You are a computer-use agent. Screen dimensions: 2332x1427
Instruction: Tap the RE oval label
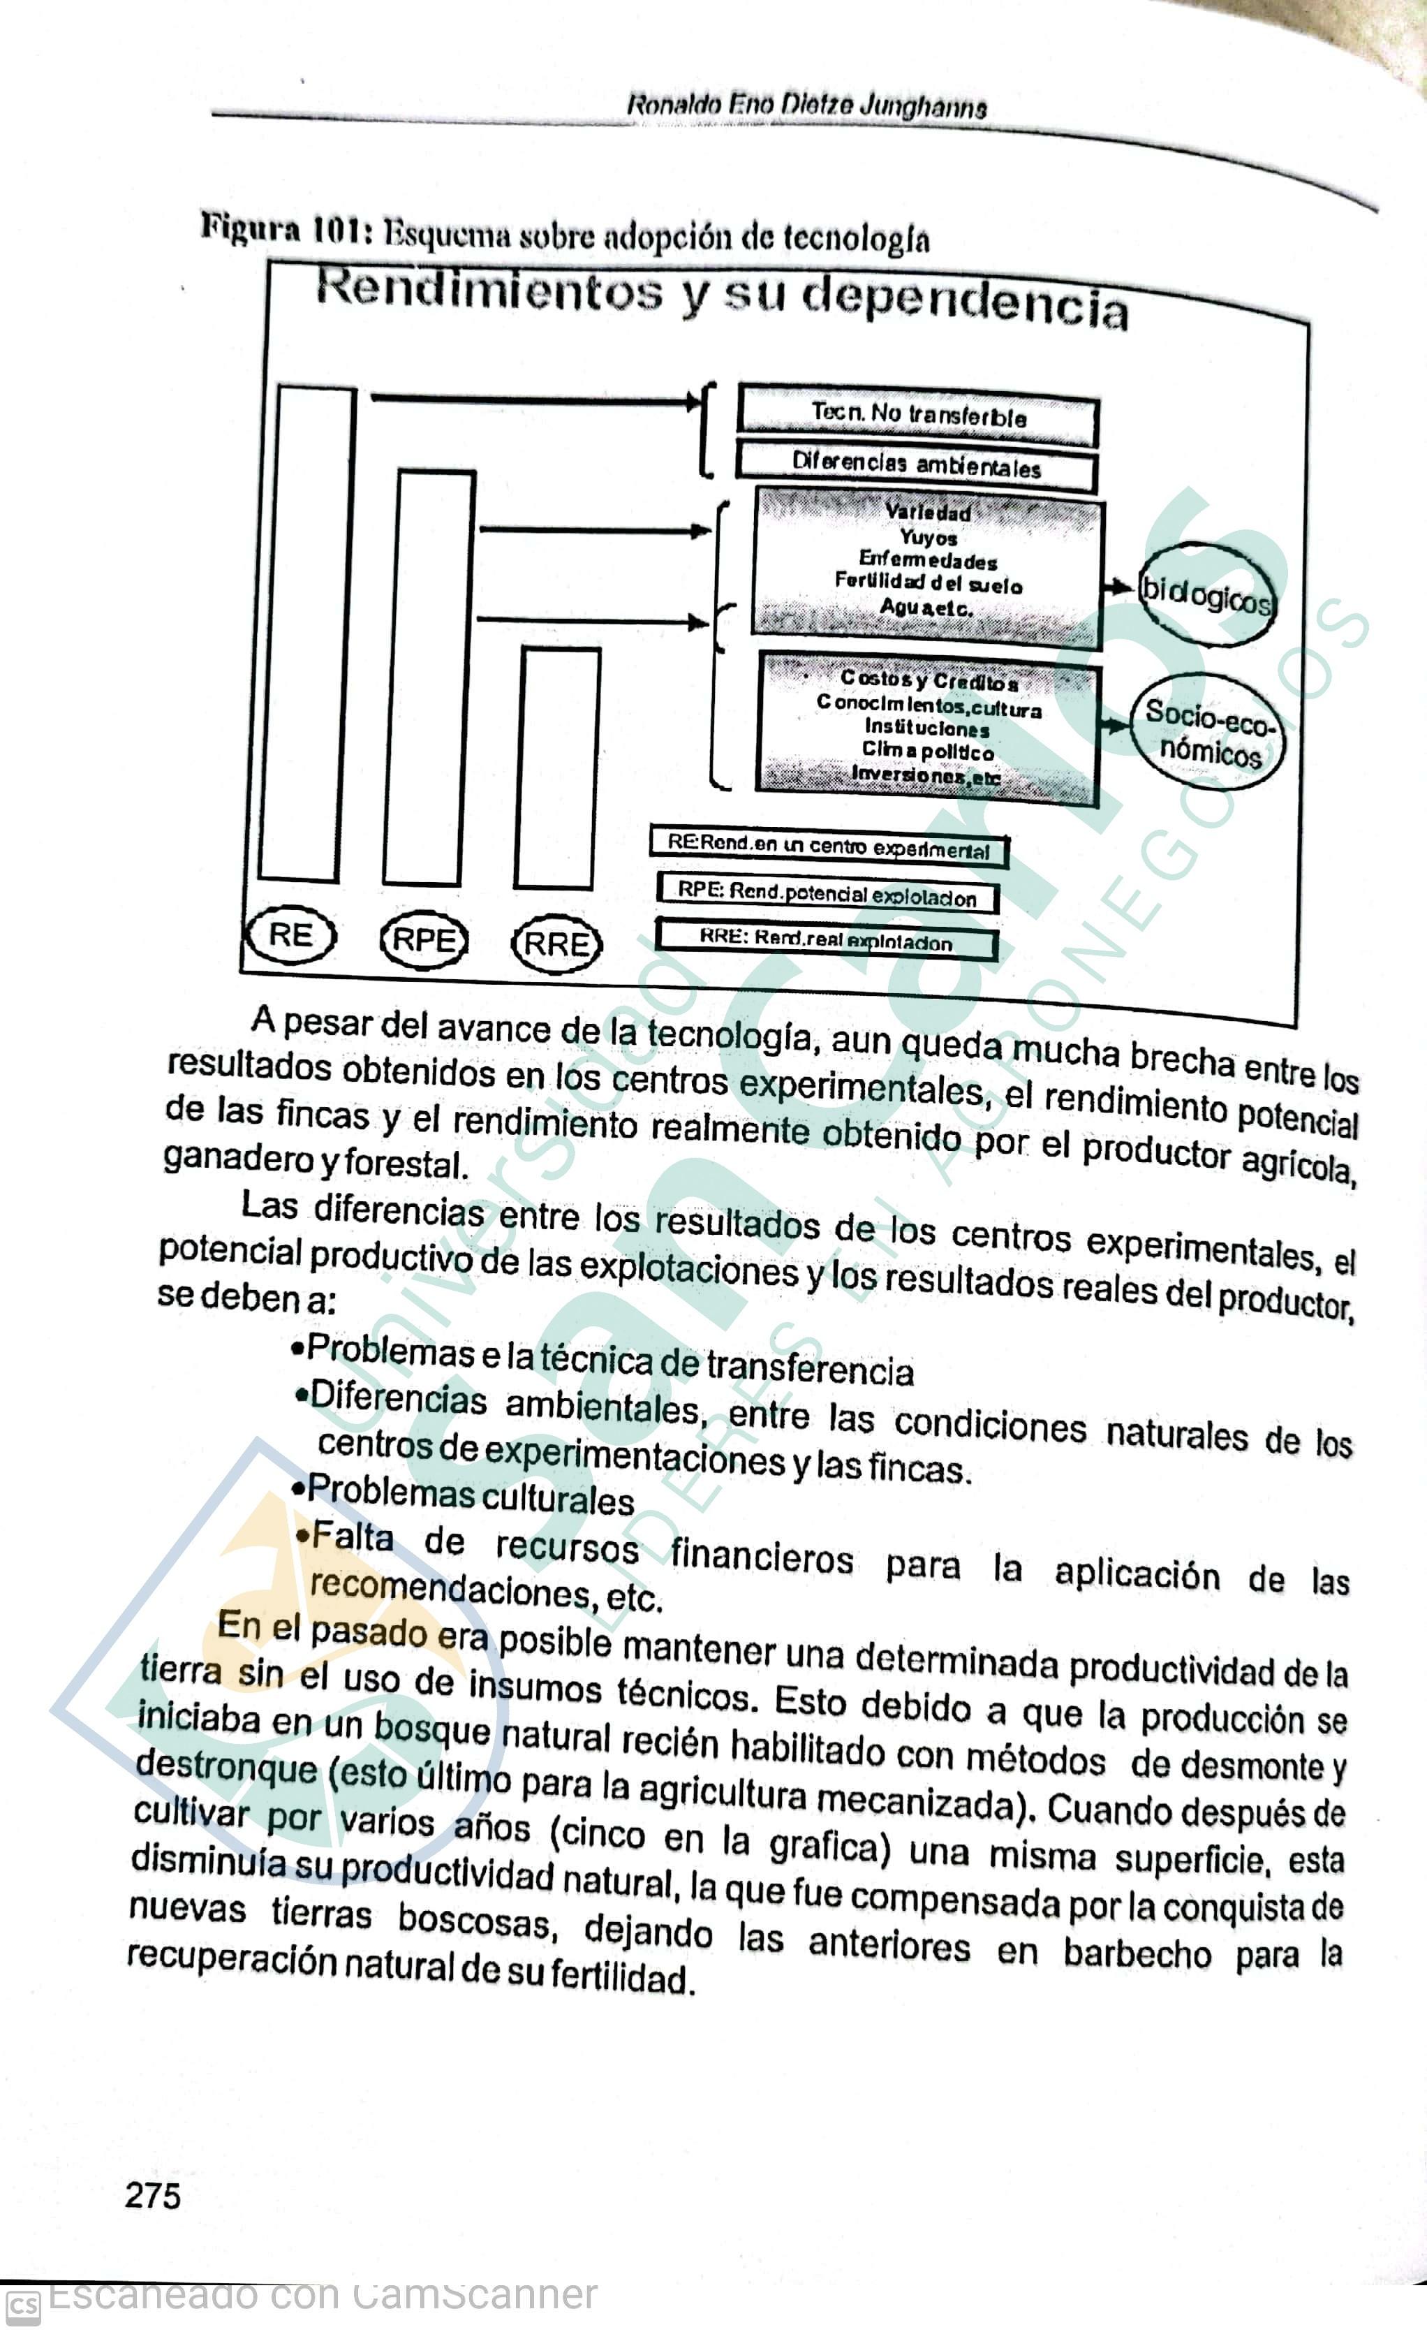click(291, 936)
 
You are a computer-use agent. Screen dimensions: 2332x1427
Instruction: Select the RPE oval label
click(424, 941)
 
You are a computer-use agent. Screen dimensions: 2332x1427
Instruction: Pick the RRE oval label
click(556, 944)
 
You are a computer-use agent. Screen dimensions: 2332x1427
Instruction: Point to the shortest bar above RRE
click(557, 768)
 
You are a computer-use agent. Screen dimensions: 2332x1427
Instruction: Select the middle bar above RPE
click(429, 677)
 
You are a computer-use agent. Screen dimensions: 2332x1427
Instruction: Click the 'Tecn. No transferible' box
click(918, 415)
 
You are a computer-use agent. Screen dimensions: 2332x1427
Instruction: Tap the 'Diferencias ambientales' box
click(916, 466)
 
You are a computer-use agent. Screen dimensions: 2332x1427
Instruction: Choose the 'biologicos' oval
click(1206, 594)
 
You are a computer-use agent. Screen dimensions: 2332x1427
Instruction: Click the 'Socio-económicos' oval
click(1209, 732)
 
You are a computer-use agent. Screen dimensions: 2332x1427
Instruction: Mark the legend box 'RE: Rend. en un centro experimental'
click(829, 846)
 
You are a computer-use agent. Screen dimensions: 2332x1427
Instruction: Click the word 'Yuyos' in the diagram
click(929, 538)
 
